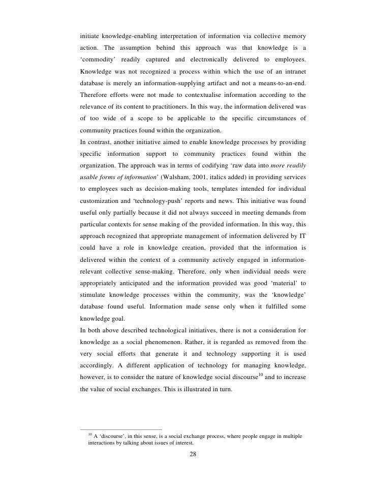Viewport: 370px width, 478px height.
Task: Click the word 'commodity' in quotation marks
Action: tap(100, 60)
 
